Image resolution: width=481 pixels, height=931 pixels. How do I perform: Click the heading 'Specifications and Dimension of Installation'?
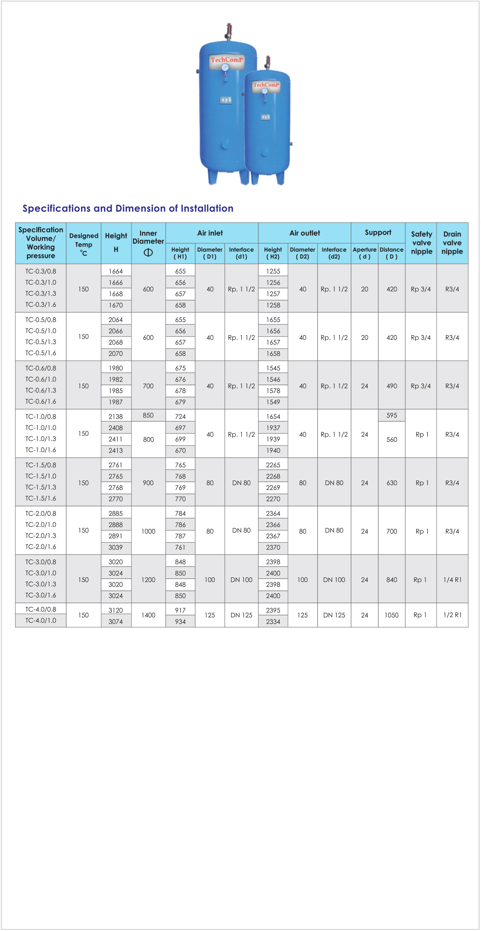[x=128, y=209]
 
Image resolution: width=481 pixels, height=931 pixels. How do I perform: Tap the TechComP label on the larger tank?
[x=227, y=60]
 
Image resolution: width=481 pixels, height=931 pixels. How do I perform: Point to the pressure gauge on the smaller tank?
[x=265, y=91]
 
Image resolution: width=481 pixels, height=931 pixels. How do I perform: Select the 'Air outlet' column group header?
[x=304, y=233]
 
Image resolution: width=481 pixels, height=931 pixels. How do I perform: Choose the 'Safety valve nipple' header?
[x=421, y=243]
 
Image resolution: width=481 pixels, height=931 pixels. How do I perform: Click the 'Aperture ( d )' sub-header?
[x=365, y=253]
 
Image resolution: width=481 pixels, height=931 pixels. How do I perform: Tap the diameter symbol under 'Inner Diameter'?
[x=148, y=252]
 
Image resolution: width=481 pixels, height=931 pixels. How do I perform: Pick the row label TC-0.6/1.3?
[x=41, y=390]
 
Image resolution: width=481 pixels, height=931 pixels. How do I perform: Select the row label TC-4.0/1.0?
[x=41, y=621]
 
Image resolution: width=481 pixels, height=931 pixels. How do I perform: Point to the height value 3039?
[x=116, y=547]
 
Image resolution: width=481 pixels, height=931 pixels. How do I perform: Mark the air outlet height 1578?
[x=273, y=391]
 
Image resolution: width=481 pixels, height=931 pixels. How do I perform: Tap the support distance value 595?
[x=391, y=415]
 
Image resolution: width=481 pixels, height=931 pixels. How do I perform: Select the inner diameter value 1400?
[x=148, y=615]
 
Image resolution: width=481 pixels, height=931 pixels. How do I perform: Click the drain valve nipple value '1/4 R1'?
[x=452, y=580]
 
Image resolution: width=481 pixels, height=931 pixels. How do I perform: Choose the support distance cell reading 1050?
[x=391, y=615]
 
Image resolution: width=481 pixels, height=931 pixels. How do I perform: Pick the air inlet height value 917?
[x=180, y=610]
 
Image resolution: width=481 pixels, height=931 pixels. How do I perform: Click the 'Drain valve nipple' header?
[x=452, y=243]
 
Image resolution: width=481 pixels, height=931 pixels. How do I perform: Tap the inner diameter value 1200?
[x=148, y=580]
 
